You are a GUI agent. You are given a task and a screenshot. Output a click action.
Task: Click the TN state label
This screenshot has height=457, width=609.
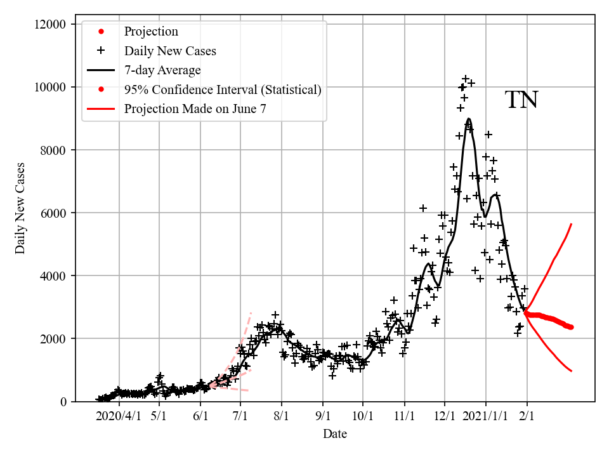point(521,100)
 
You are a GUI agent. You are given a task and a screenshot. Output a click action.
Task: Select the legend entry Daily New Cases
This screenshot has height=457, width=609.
point(170,51)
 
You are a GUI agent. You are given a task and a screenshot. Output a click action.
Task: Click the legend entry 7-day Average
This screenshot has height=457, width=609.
point(162,70)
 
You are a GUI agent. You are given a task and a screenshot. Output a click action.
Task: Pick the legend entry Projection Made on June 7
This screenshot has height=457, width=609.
point(195,109)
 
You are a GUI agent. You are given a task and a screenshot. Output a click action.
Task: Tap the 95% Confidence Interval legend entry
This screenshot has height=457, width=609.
point(223,89)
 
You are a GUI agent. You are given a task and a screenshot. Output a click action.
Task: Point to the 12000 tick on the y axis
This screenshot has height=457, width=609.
point(49,24)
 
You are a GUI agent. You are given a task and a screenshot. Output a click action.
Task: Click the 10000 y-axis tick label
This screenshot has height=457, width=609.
point(49,87)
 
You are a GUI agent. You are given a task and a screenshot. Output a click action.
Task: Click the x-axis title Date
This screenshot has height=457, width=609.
point(334,434)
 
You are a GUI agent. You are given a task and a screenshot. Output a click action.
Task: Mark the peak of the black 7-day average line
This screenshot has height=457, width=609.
point(468,119)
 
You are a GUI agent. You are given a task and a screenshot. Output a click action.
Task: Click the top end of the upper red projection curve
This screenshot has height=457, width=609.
point(572,224)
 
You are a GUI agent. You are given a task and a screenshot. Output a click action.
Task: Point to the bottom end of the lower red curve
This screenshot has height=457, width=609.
point(572,371)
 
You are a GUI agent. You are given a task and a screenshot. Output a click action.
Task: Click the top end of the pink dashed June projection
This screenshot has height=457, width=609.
point(251,312)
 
